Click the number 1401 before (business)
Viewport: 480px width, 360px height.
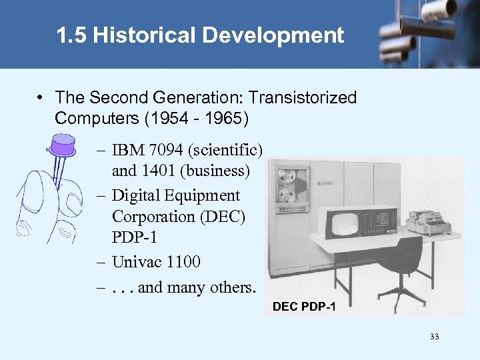[x=156, y=171]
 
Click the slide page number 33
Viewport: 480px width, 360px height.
[x=435, y=337]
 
